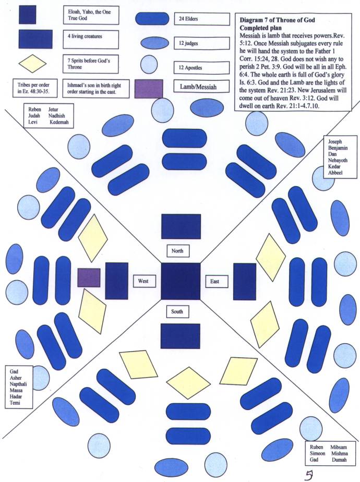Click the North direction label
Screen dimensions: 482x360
177,251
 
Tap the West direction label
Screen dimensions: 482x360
144,281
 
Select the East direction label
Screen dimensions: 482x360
215,281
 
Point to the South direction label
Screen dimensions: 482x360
177,312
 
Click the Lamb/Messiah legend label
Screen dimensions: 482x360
201,87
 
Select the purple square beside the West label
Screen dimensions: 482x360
89,278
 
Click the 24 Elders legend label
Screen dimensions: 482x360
201,20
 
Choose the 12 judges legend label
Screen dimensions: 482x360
201,44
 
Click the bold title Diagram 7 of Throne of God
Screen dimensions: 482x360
277,20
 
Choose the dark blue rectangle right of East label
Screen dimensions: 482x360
244,281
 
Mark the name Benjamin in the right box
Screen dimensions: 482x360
337,148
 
